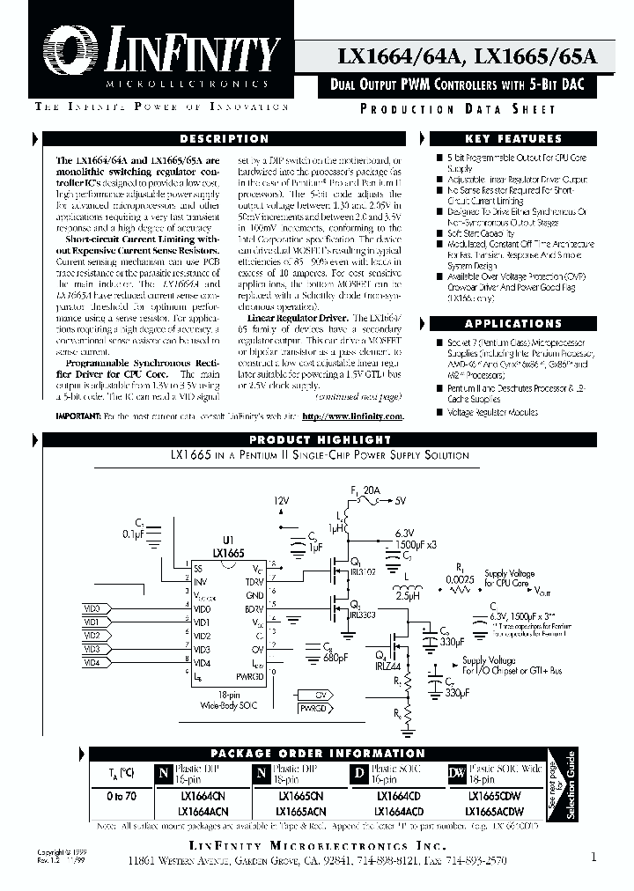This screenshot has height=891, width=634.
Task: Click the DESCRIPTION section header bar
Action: pyautogui.click(x=224, y=139)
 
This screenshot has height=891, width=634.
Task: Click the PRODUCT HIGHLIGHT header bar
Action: pyautogui.click(x=320, y=439)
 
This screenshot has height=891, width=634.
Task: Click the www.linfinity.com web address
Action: pyautogui.click(x=352, y=416)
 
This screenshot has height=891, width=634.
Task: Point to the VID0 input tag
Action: pyautogui.click(x=92, y=608)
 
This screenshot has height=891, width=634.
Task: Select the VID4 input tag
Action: pyautogui.click(x=92, y=662)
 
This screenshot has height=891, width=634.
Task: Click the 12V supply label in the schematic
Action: pyautogui.click(x=281, y=499)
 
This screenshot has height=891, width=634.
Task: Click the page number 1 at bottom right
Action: pyautogui.click(x=594, y=856)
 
